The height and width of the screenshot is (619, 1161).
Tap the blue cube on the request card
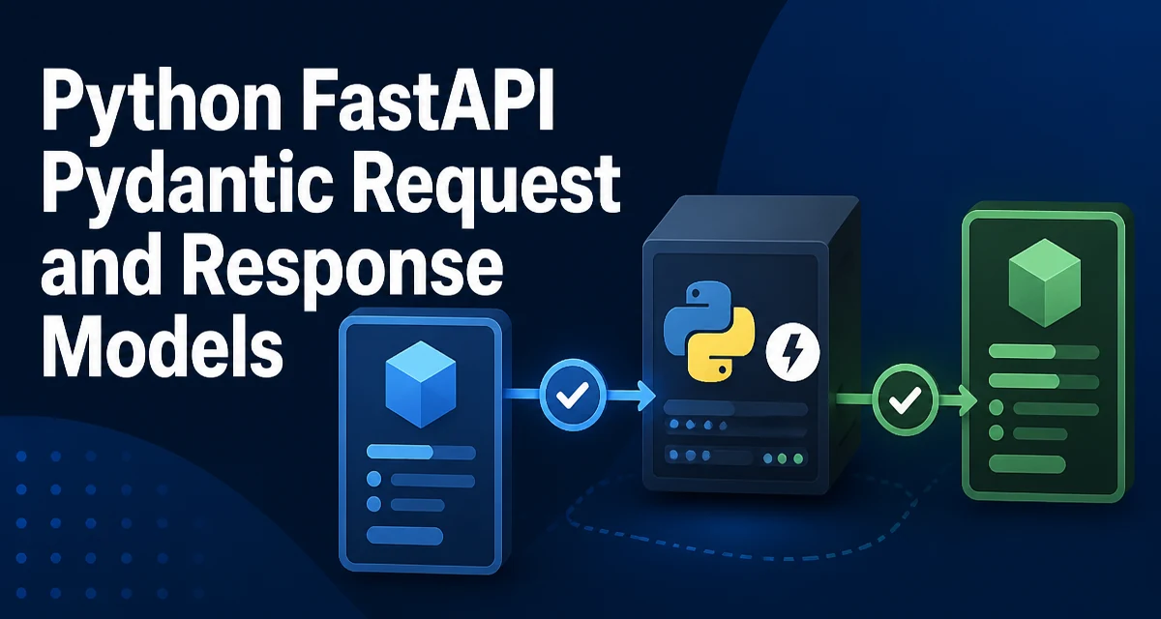point(421,384)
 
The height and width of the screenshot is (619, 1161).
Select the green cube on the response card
point(1044,282)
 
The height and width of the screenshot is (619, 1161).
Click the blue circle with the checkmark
point(572,395)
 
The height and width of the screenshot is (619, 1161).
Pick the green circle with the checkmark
point(905,399)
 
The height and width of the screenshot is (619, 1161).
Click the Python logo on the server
point(708,332)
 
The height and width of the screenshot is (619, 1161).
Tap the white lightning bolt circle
point(792,352)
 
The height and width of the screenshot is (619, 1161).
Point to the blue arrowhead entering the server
point(646,396)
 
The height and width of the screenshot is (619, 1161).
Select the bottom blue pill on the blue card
point(404,535)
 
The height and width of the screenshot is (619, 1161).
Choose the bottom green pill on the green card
point(1027,463)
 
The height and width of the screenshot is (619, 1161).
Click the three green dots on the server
point(783,458)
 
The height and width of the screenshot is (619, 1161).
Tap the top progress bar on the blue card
point(421,452)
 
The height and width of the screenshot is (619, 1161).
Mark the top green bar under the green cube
point(1044,352)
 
